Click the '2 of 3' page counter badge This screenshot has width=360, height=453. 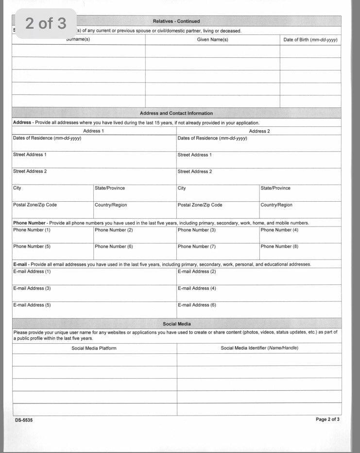tap(46, 23)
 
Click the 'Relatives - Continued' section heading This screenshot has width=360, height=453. tap(176, 21)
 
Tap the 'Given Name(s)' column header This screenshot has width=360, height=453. tap(212, 40)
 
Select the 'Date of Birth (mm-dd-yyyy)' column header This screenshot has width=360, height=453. tap(310, 40)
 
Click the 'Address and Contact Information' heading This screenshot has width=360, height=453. tap(176, 113)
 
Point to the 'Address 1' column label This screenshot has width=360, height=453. tap(92, 131)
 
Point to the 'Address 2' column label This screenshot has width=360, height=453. tap(259, 131)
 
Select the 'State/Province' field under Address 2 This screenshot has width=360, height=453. tap(300, 193)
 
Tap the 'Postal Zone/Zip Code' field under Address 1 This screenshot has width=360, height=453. tap(52, 210)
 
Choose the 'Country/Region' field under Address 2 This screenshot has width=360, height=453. tap(300, 210)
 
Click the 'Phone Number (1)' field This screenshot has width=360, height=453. tap(52, 235)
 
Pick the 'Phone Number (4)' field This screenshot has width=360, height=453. tap(300, 235)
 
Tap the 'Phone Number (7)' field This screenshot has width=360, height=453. tap(217, 251)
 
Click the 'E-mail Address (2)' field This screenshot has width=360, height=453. tap(258, 277)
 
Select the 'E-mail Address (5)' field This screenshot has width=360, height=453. tap(94, 310)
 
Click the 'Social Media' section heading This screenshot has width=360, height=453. tap(176, 324)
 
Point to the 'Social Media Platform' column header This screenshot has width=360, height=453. tap(94, 348)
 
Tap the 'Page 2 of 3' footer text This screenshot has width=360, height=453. tap(327, 419)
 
